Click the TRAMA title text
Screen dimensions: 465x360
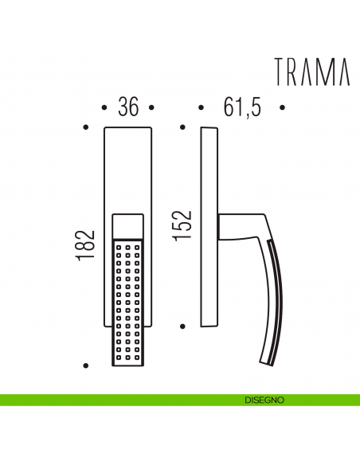click(311, 72)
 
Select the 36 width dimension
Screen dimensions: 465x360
click(127, 107)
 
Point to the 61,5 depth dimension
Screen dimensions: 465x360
click(242, 107)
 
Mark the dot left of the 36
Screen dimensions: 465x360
click(105, 107)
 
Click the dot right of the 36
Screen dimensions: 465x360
click(151, 107)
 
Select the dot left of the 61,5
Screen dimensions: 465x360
click(201, 107)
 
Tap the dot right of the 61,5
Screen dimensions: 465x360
click(283, 107)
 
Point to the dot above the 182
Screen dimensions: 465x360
click(86, 126)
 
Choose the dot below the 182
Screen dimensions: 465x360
click(86, 365)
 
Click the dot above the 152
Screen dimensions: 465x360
click(183, 126)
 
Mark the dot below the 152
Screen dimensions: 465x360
click(183, 326)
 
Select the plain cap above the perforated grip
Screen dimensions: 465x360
click(127, 225)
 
